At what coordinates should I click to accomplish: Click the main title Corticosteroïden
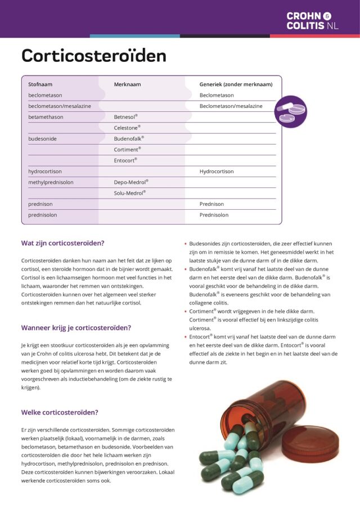[x=94, y=56]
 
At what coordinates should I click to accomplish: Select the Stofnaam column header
[x=40, y=84]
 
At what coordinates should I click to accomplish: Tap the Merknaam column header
[x=127, y=84]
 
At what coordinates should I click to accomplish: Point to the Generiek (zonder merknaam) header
[x=236, y=84]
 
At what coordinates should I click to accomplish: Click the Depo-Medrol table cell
[x=131, y=182]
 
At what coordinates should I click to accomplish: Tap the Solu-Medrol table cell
[x=130, y=193]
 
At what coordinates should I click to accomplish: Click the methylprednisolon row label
[x=51, y=182]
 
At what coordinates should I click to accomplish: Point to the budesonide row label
[x=43, y=138]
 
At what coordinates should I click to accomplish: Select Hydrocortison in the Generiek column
[x=217, y=172]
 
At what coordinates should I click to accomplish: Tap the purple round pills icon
[x=290, y=112]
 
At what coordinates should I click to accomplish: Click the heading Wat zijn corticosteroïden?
[x=62, y=244]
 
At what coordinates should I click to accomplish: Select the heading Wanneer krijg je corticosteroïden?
[x=76, y=327]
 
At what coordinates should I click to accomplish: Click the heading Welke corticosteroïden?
[x=60, y=412]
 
